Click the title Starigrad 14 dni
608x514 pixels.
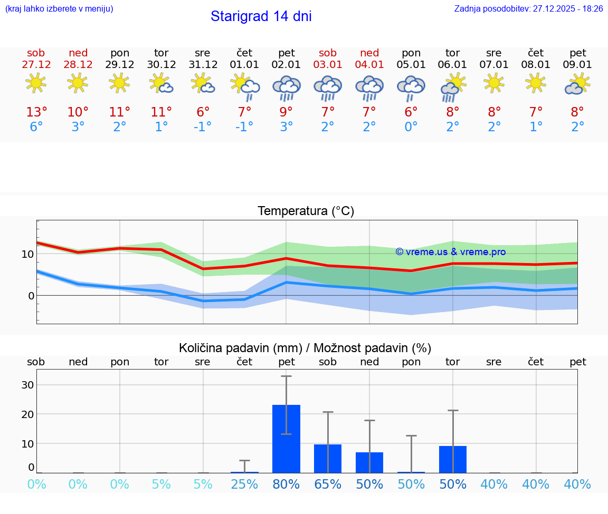point(261,16)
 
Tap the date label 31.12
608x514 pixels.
point(203,65)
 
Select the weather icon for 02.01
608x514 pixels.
point(286,88)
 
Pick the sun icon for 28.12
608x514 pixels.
point(78,83)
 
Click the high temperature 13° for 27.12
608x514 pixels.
point(36,112)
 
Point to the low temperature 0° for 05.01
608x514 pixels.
point(411,127)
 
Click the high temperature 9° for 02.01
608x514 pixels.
point(286,112)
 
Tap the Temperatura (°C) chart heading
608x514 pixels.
point(306,211)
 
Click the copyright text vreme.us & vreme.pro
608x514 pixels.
point(451,252)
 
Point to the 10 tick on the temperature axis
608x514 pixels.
point(27,254)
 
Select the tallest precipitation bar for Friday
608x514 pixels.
point(286,439)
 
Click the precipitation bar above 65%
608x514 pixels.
point(328,458)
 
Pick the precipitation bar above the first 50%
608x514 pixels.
point(369,462)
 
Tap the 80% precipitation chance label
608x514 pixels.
point(286,484)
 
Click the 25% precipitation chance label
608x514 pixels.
point(244,484)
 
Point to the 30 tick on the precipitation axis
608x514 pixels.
point(27,385)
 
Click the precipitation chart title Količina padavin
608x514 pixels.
point(305,348)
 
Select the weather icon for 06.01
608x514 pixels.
point(452,88)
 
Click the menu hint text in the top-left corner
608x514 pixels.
point(59,9)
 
